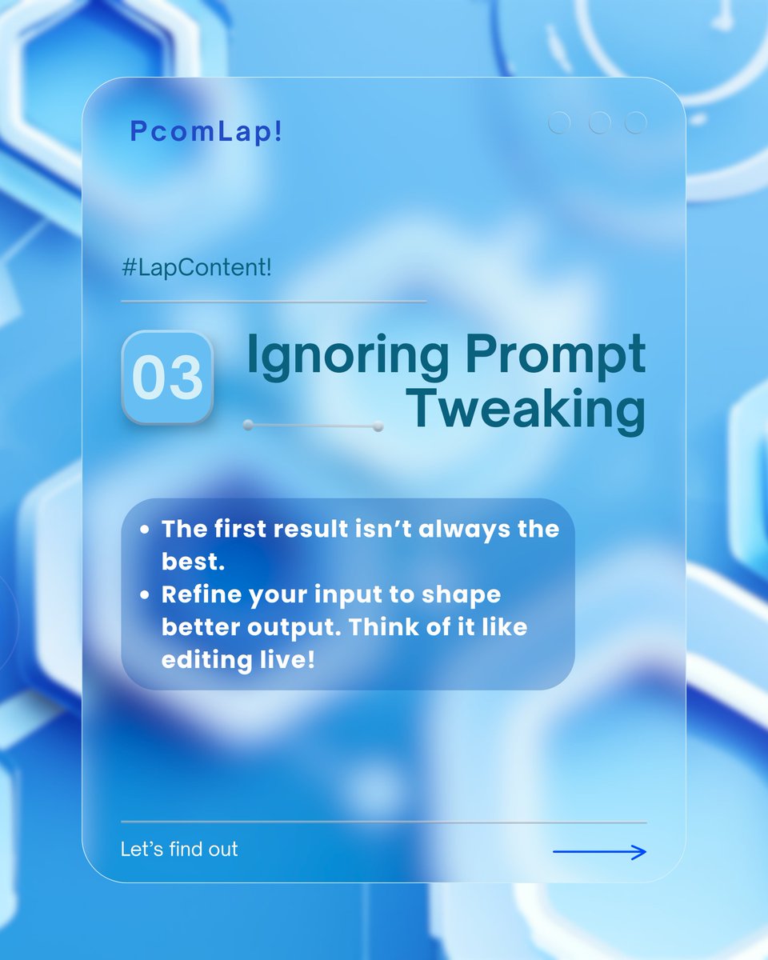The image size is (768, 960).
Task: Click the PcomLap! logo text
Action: coord(206,133)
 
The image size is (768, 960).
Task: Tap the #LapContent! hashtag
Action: coord(196,268)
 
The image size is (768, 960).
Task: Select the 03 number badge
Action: coord(167,377)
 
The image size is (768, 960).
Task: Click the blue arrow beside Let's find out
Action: coord(599,853)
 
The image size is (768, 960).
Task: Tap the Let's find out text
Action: coord(179,849)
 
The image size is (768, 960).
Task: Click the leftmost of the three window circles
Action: coord(559,122)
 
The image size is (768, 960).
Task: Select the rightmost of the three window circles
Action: coord(636,122)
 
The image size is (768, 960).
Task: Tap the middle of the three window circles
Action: coord(599,122)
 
